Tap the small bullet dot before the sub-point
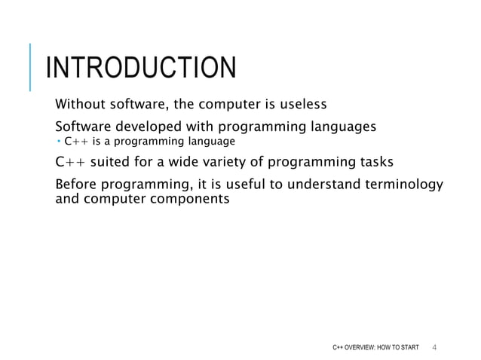(x=59, y=141)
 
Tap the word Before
(x=76, y=185)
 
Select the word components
(x=188, y=200)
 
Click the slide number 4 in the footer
(x=435, y=346)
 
